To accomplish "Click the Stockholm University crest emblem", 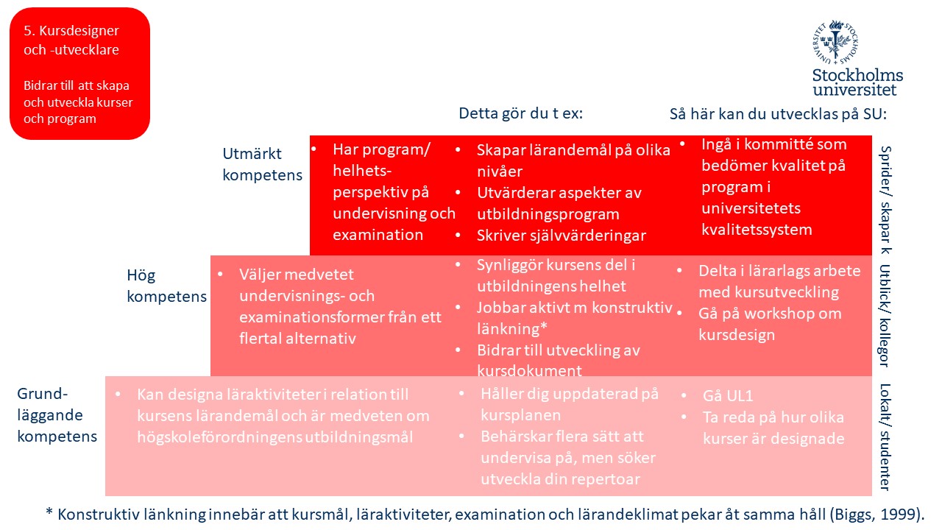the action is click(835, 42).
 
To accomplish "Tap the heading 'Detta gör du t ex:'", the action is click(520, 113).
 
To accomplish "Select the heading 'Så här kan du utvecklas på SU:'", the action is click(778, 114).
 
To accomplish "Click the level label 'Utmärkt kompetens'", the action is click(263, 164).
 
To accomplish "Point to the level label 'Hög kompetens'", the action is click(166, 286).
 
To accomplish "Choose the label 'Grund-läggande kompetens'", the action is click(57, 415).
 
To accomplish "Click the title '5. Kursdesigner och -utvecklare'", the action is click(71, 40).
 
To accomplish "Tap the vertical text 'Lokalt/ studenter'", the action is click(885, 437).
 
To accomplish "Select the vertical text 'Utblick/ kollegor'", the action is click(885, 315).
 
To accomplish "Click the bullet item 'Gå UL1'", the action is click(728, 396).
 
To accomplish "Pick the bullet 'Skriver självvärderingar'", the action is click(562, 236).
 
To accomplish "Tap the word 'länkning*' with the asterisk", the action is click(512, 328).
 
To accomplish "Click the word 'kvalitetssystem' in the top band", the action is click(757, 230).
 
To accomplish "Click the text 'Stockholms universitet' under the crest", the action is click(857, 82).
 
